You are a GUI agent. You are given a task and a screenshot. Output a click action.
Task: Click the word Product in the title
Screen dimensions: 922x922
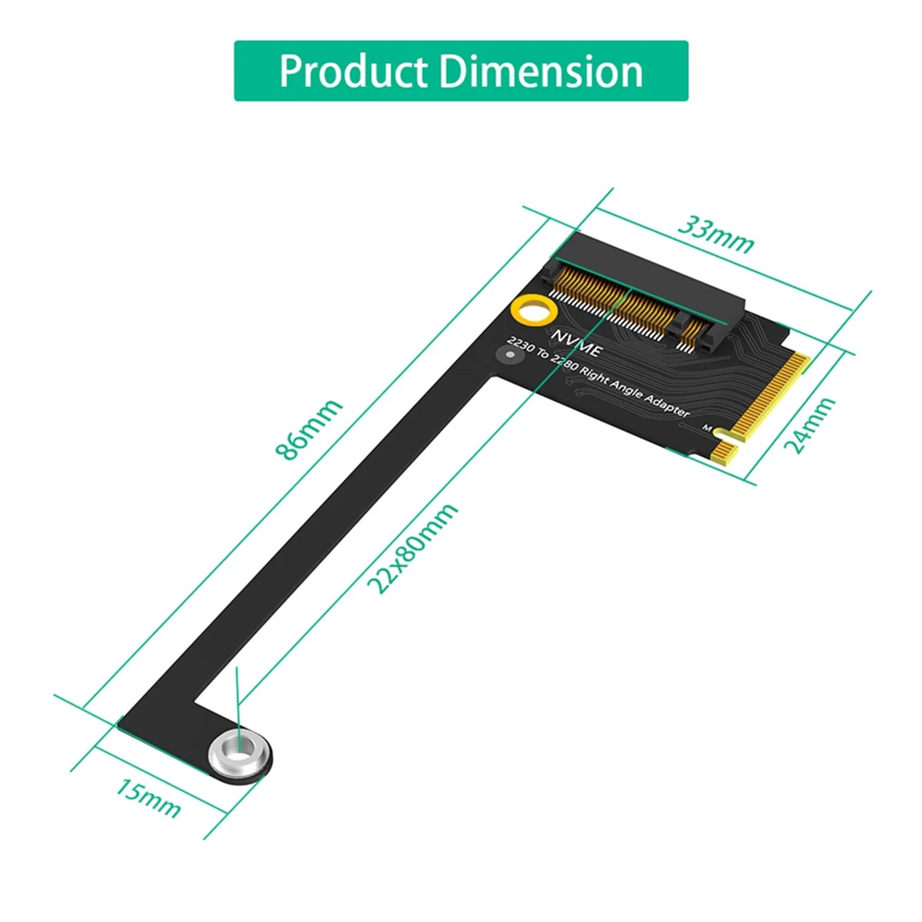353,71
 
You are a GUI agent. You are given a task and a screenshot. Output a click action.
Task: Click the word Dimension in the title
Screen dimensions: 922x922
541,71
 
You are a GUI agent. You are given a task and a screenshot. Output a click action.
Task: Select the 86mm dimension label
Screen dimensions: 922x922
309,430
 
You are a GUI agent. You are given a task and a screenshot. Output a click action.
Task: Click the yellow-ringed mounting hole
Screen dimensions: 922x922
533,312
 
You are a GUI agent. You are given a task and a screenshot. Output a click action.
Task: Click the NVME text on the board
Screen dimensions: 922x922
577,343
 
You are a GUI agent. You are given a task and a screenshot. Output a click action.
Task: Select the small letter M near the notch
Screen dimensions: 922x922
707,428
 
